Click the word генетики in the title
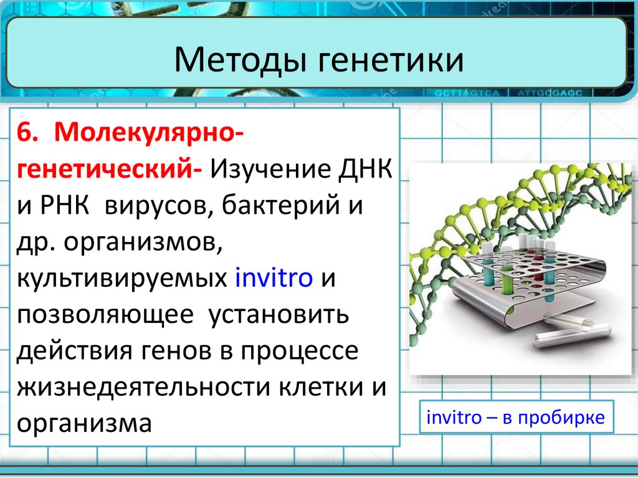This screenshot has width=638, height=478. point(391,59)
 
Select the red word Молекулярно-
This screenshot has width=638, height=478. point(149,133)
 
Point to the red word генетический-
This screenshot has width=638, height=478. point(109,168)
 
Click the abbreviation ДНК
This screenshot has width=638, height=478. point(365,170)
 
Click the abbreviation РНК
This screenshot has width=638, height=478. point(64,205)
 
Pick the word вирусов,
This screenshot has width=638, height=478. point(159,206)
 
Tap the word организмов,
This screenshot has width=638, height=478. point(143,242)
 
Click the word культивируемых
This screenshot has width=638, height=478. point(122,279)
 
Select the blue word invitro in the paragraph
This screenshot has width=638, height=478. point(274,277)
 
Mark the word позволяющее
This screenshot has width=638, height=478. point(105,315)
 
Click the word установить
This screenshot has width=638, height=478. point(279,315)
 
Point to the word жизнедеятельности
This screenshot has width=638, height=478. point(143,387)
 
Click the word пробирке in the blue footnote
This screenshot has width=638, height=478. point(561,418)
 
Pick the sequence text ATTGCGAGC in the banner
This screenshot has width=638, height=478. point(550,93)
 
